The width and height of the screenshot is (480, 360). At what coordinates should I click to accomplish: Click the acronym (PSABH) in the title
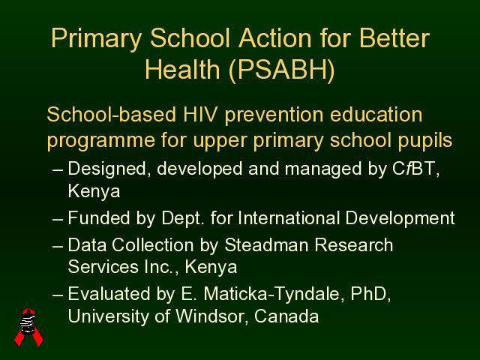(x=282, y=70)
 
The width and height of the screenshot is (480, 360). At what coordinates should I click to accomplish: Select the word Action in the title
(x=275, y=38)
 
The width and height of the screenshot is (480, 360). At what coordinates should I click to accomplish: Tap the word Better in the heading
(x=394, y=38)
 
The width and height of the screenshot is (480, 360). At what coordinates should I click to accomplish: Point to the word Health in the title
(x=182, y=69)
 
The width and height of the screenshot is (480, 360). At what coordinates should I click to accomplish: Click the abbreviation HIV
(x=200, y=115)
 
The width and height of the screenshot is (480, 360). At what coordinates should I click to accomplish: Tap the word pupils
(x=425, y=141)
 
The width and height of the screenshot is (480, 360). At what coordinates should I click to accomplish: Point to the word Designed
(x=107, y=169)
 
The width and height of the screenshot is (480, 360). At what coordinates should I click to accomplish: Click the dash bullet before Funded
(x=58, y=220)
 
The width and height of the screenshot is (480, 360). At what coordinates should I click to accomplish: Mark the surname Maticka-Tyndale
(x=272, y=295)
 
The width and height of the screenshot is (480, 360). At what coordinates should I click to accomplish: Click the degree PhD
(x=369, y=294)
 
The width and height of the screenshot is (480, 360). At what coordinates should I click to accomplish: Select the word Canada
(x=286, y=316)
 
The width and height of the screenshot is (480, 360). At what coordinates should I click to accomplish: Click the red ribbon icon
(x=28, y=327)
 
